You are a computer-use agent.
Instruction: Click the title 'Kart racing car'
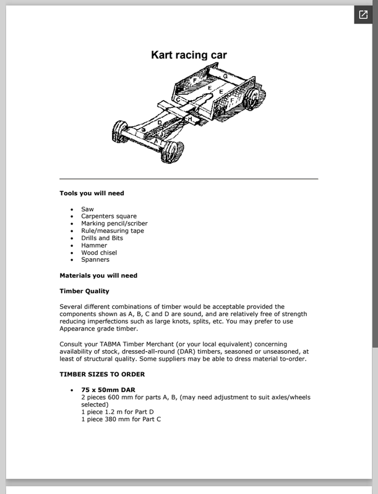189,55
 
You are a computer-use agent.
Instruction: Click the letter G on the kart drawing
225,76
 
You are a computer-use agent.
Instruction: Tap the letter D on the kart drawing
159,123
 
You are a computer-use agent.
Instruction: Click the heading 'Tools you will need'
92,193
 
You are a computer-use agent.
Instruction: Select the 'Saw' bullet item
87,209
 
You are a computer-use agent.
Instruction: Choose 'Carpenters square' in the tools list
109,217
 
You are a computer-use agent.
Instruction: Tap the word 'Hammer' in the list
94,245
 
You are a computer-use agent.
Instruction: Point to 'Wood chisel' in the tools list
99,253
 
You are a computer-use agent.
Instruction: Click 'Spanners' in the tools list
95,260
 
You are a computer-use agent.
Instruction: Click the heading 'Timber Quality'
84,291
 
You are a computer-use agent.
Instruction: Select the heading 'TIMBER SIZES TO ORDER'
102,374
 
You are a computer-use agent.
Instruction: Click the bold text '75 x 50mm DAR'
108,390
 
